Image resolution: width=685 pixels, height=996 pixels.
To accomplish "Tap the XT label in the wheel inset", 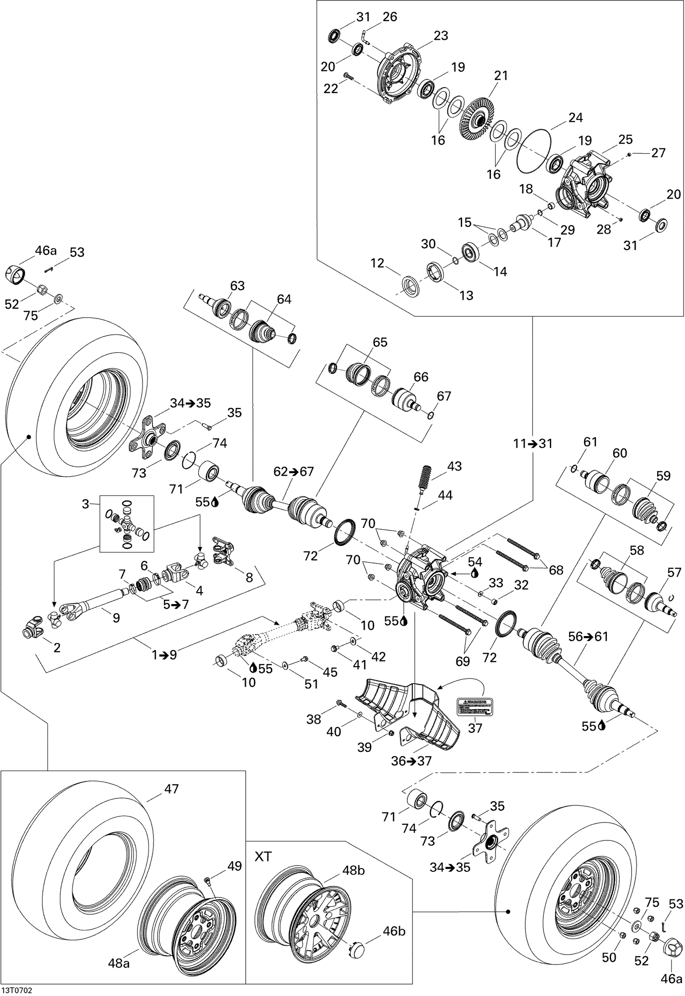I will [x=263, y=856].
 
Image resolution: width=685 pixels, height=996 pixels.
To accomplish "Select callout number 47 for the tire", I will [x=172, y=788].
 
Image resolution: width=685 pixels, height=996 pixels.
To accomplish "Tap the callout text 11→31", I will [x=532, y=443].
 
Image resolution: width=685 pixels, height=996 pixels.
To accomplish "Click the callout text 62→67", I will [x=294, y=471].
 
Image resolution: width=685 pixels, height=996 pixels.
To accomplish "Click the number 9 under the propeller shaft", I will [x=116, y=618].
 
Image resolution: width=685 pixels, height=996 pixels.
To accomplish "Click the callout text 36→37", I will [x=411, y=761].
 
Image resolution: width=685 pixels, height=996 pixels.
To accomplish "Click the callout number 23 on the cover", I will [x=441, y=36].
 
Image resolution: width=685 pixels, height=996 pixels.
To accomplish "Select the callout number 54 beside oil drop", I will [x=475, y=562].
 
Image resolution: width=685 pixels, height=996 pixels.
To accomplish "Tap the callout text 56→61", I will [x=588, y=636].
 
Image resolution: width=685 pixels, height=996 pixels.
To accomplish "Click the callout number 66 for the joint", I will [x=421, y=377].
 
